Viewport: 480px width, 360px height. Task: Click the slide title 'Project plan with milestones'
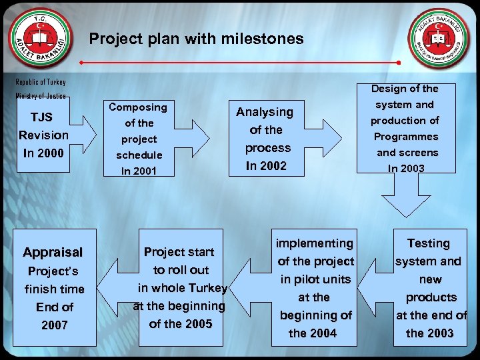(x=196, y=39)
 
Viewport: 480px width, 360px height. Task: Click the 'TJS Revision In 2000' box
(x=43, y=135)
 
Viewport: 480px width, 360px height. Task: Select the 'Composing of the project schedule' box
(x=138, y=139)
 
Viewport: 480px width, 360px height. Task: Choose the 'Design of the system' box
(x=405, y=128)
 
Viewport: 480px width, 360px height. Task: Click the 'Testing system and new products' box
(x=429, y=288)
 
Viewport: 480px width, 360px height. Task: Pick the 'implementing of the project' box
(x=313, y=288)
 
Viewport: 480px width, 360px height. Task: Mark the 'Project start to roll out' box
(x=180, y=288)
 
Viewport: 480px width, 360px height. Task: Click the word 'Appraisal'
(x=53, y=253)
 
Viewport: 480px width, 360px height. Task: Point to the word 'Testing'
(x=429, y=243)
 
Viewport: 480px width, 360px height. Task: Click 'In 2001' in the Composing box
(x=138, y=171)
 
